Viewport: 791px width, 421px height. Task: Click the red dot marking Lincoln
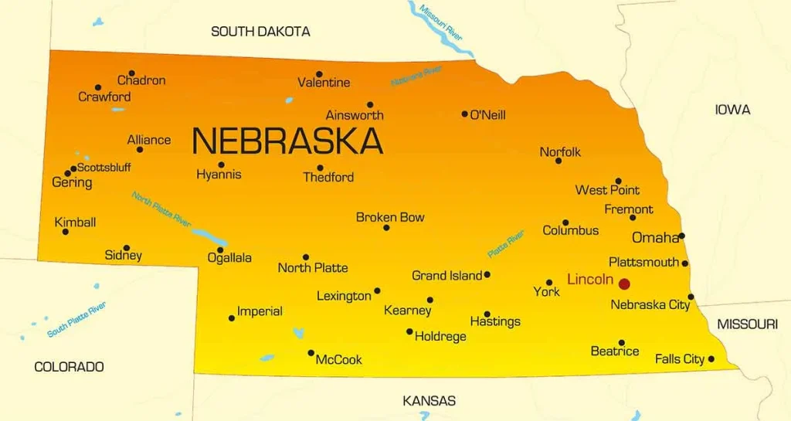[624, 283]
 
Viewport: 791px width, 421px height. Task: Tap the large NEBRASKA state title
[287, 141]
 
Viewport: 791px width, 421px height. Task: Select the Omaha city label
[655, 238]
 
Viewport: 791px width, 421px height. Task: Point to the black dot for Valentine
[319, 74]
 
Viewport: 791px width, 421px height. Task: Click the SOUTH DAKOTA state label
[260, 32]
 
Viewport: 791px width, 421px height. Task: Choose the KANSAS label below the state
[429, 401]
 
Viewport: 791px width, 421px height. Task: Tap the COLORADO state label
[69, 367]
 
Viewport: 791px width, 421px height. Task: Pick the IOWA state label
[732, 110]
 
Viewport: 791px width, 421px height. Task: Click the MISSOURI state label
[747, 324]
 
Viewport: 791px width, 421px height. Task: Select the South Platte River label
[76, 321]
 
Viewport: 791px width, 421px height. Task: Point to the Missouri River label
[441, 21]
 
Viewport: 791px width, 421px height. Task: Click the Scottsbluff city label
[104, 167]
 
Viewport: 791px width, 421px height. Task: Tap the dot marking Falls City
[711, 358]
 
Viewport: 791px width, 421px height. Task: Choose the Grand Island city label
[446, 276]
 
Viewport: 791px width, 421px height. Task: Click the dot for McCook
[311, 353]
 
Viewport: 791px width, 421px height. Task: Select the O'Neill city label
[487, 115]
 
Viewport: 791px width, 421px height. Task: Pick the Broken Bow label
[390, 218]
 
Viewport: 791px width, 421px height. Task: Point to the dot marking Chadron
[131, 73]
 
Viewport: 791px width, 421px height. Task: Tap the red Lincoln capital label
[590, 280]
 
